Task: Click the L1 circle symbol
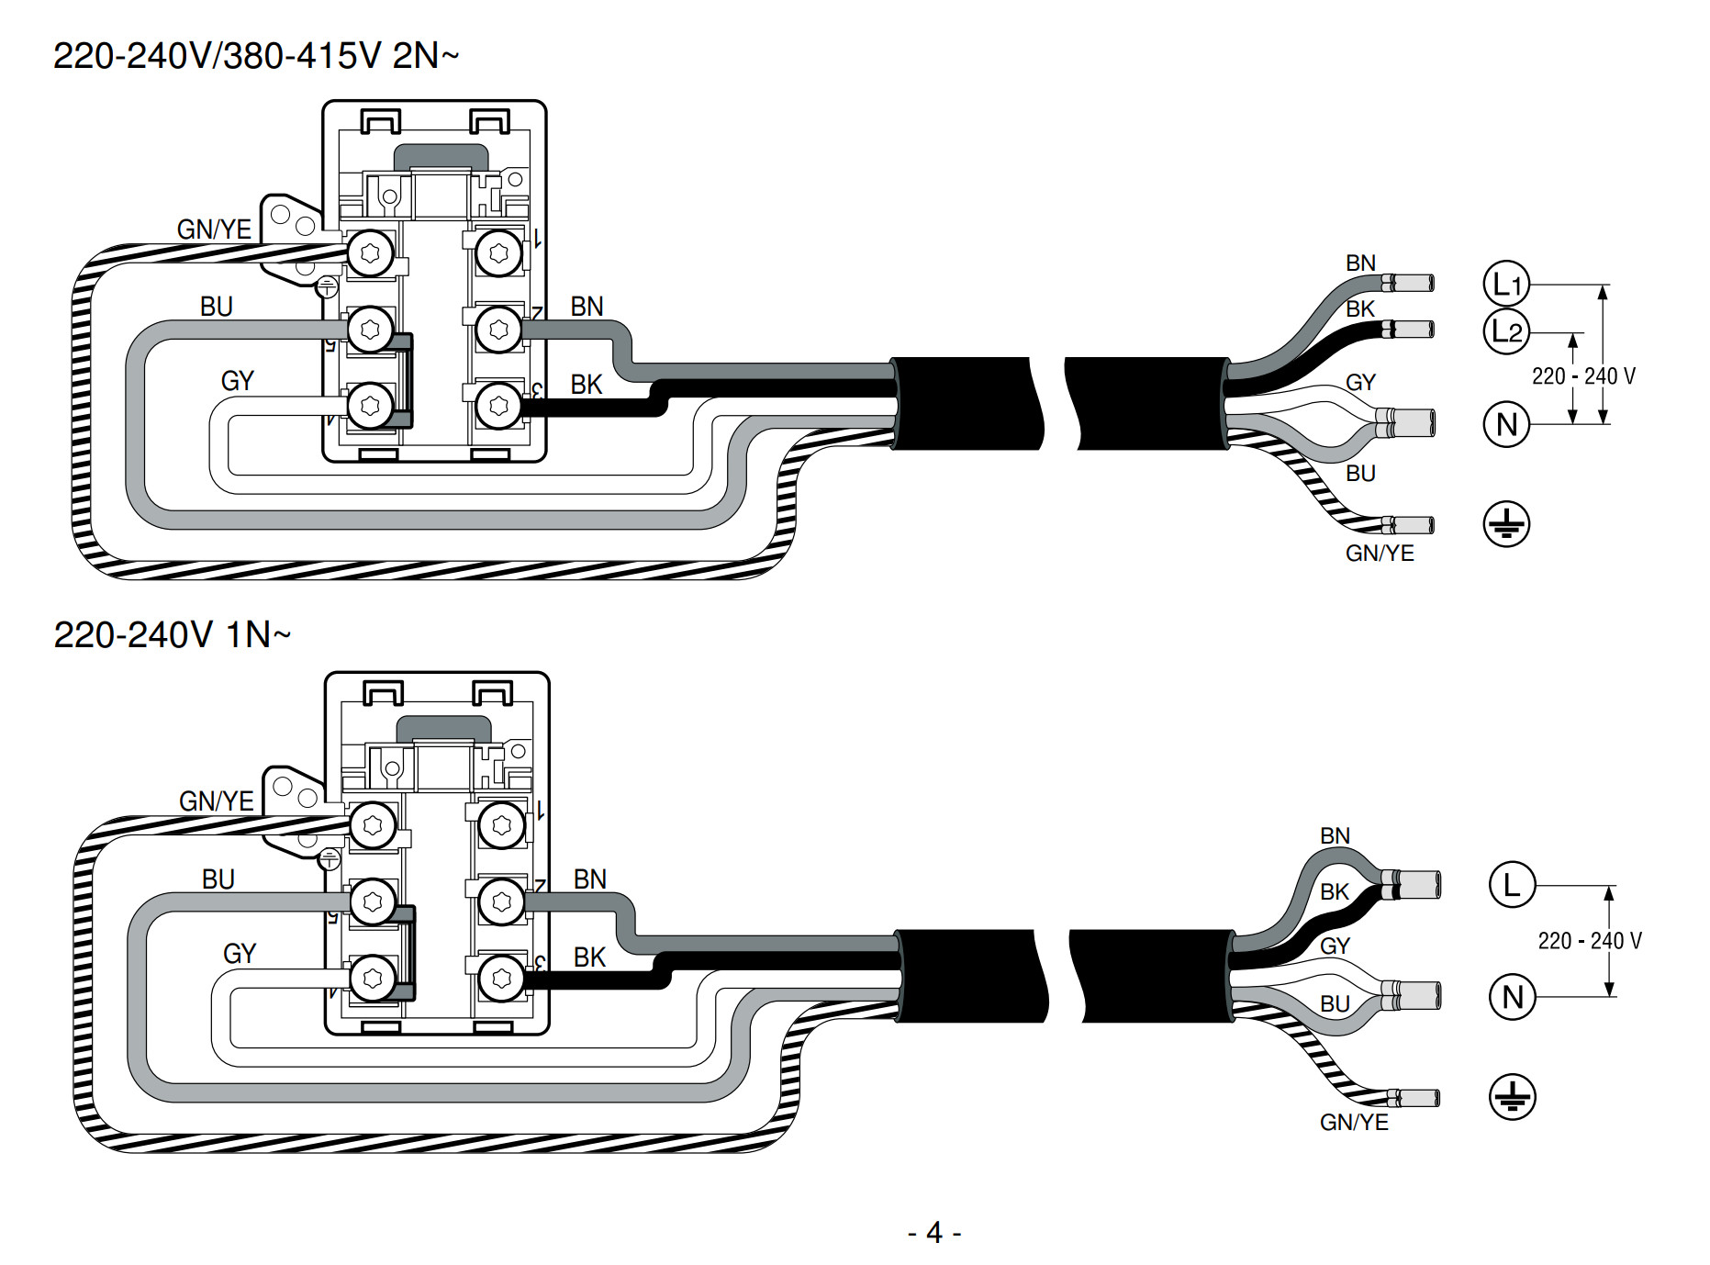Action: (1506, 284)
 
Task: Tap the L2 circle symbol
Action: (1506, 331)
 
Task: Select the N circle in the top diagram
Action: (1506, 424)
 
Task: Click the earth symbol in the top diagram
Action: (1506, 524)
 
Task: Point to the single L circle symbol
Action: (1512, 885)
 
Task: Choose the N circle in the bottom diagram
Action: (1512, 996)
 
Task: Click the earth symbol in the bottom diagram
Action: (1512, 1096)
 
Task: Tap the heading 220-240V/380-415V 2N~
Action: (256, 56)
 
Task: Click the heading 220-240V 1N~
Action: (173, 634)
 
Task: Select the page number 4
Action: (934, 1232)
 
